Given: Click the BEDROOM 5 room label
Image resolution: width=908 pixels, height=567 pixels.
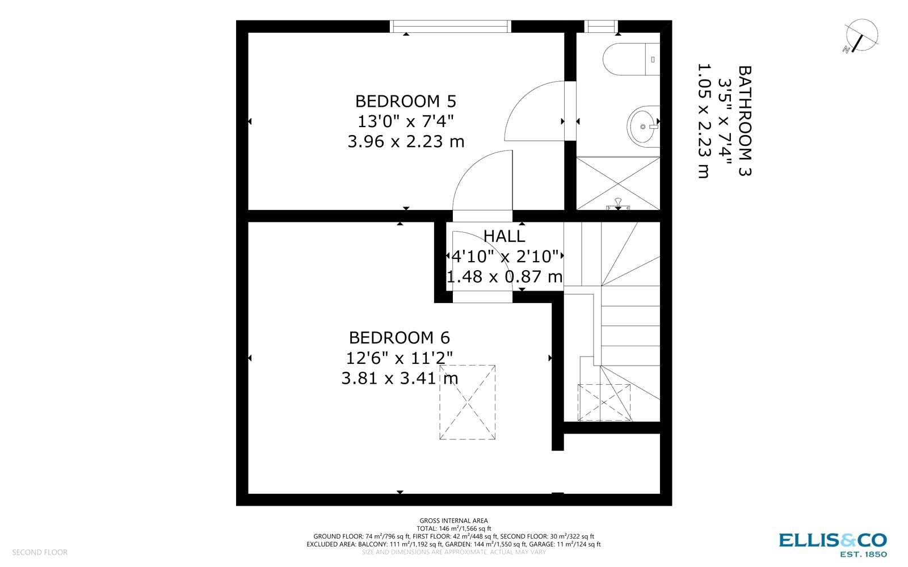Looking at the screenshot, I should pyautogui.click(x=405, y=102).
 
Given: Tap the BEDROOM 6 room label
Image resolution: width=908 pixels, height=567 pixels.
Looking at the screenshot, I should pyautogui.click(x=399, y=338).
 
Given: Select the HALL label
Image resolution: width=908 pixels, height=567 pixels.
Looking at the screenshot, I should pyautogui.click(x=504, y=236).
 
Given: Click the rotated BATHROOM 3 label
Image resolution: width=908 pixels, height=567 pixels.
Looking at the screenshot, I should pyautogui.click(x=744, y=121).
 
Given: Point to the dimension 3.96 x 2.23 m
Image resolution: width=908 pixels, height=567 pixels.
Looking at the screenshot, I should pyautogui.click(x=405, y=141).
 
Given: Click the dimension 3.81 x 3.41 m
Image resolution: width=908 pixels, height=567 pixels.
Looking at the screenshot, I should pyautogui.click(x=399, y=378).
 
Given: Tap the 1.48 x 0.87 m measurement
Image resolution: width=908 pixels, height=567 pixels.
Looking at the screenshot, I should pyautogui.click(x=504, y=277).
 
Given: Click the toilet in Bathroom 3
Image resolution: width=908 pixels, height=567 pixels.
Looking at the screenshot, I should pyautogui.click(x=630, y=60).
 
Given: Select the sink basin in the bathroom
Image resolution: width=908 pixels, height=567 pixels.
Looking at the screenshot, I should pyautogui.click(x=644, y=127).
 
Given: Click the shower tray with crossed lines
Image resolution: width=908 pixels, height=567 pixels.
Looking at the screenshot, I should pyautogui.click(x=618, y=183).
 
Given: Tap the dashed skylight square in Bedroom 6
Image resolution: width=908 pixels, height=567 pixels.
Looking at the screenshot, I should pyautogui.click(x=467, y=402).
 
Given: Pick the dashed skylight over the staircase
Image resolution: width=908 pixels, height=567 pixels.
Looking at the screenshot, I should pyautogui.click(x=604, y=402).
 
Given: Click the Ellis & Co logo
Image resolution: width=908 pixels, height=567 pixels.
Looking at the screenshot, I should pyautogui.click(x=833, y=544).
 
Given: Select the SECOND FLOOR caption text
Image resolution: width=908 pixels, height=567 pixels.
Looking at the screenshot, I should pyautogui.click(x=40, y=552).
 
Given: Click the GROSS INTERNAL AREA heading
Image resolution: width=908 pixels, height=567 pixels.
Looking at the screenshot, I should pyautogui.click(x=453, y=520).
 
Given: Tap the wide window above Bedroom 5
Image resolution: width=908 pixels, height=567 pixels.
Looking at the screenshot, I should pyautogui.click(x=450, y=27).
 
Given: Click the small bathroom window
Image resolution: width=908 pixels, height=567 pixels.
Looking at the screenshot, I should pyautogui.click(x=601, y=27).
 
